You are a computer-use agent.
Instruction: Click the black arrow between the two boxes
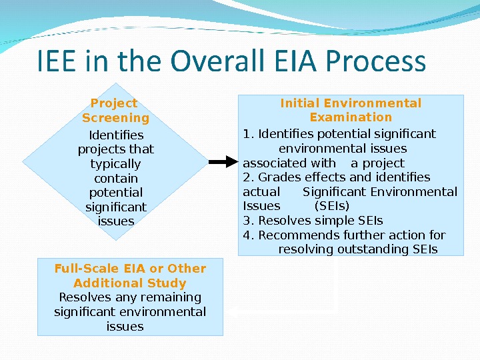pyautogui.click(x=226, y=162)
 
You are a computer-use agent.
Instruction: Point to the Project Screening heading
pyautogui.click(x=115, y=111)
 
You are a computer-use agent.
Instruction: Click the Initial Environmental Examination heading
pyautogui.click(x=351, y=110)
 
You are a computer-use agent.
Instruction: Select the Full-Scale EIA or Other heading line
pyautogui.click(x=130, y=269)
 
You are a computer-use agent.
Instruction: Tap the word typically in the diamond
pyautogui.click(x=116, y=164)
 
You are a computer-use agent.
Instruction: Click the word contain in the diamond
pyautogui.click(x=116, y=179)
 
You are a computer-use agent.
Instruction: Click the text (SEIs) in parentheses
pyautogui.click(x=331, y=206)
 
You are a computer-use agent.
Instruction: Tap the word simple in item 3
pyautogui.click(x=335, y=221)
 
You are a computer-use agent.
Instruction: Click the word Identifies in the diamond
pyautogui.click(x=116, y=135)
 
